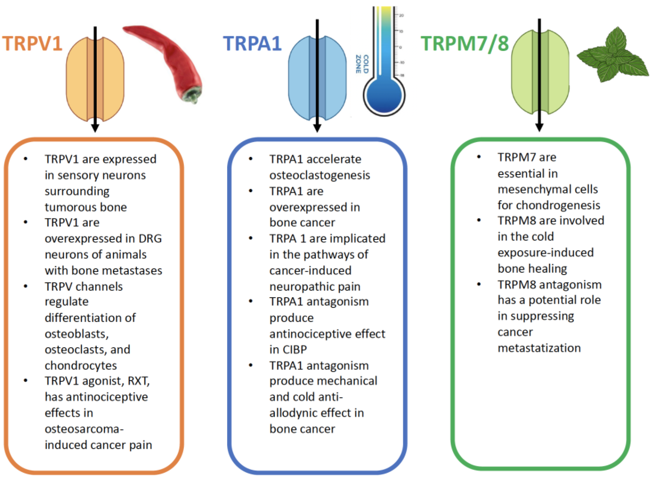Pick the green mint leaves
tap(613, 56)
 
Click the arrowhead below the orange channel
tap(95, 128)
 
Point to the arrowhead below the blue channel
tap(317, 128)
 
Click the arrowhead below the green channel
tap(539, 127)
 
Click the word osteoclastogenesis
tap(320, 175)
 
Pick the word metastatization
tap(539, 348)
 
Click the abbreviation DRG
tap(150, 239)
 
